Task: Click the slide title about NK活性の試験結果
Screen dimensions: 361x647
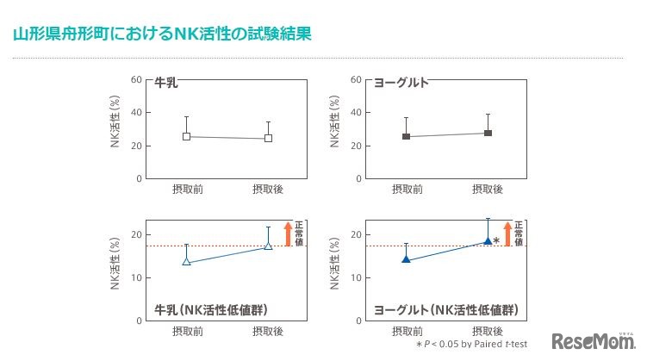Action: [x=162, y=34]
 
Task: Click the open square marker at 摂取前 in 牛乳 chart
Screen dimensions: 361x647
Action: [x=186, y=136]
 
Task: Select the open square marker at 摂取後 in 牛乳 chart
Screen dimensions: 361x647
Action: [x=268, y=138]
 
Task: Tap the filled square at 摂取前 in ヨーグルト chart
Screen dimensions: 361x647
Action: [x=406, y=136]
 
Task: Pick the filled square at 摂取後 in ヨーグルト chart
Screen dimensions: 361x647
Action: [x=488, y=133]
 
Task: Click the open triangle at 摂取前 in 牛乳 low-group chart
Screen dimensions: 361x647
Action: [x=186, y=261]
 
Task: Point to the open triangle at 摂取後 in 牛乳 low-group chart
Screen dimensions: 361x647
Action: [x=268, y=246]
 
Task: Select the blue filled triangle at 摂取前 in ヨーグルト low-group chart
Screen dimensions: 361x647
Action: [x=406, y=258]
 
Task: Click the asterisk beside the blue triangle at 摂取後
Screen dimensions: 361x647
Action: [x=496, y=242]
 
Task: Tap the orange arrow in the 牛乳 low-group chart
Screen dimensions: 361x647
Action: [x=288, y=233]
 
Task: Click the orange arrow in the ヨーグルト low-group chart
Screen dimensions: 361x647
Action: [x=507, y=233]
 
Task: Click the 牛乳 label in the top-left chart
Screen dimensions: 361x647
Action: [x=167, y=84]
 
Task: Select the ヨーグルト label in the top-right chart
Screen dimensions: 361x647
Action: [x=401, y=84]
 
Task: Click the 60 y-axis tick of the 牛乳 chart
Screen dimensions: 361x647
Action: [x=135, y=79]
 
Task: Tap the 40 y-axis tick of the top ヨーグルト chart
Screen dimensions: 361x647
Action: [x=355, y=112]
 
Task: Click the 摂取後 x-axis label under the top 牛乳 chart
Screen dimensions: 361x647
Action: [x=268, y=189]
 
